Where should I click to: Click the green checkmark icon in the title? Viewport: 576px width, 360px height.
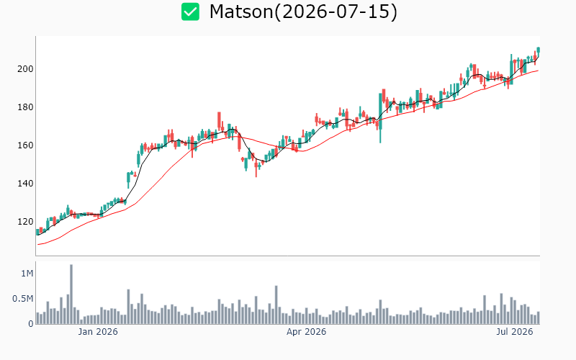pyautogui.click(x=190, y=12)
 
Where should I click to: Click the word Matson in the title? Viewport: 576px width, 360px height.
pyautogui.click(x=241, y=12)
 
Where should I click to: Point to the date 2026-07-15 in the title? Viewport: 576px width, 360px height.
pyautogui.click(x=336, y=12)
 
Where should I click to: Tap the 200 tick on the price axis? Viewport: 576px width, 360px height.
pyautogui.click(x=25, y=69)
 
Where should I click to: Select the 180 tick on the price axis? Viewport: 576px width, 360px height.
pyautogui.click(x=25, y=107)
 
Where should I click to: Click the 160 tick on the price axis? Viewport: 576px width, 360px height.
pyautogui.click(x=25, y=145)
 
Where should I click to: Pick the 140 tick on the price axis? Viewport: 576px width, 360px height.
pyautogui.click(x=25, y=184)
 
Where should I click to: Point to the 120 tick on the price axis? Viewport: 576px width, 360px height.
pyautogui.click(x=25, y=222)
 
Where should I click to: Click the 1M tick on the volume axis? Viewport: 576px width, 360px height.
pyautogui.click(x=27, y=274)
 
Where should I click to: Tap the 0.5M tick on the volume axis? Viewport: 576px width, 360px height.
pyautogui.click(x=23, y=299)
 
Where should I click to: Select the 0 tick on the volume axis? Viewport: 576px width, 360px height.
pyautogui.click(x=31, y=324)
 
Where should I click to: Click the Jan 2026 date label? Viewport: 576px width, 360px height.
pyautogui.click(x=98, y=332)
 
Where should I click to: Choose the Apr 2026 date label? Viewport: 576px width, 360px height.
pyautogui.click(x=307, y=332)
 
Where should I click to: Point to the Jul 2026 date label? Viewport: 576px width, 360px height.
pyautogui.click(x=514, y=332)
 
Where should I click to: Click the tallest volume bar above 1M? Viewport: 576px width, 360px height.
pyautogui.click(x=71, y=294)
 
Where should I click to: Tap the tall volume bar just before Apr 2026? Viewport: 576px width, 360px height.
pyautogui.click(x=276, y=305)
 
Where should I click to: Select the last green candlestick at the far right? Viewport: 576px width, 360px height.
pyautogui.click(x=538, y=50)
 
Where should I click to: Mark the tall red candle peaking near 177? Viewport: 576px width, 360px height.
pyautogui.click(x=219, y=121)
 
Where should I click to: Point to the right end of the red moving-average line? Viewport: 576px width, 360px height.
pyautogui.click(x=538, y=71)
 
